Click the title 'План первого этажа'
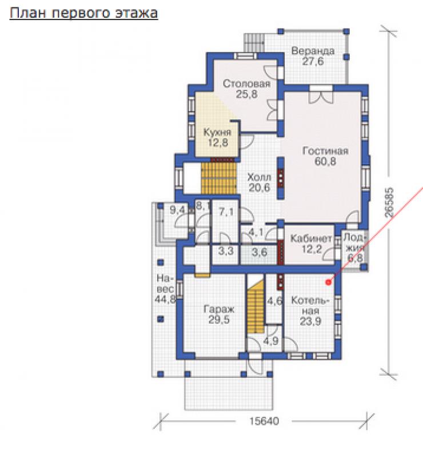(83, 13)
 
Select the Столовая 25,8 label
(247, 89)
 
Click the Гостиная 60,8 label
(325, 156)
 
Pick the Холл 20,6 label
(260, 182)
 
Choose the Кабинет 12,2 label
(311, 244)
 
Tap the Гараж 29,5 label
(219, 314)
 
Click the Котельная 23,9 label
(310, 311)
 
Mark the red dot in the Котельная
(329, 282)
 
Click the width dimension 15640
(264, 421)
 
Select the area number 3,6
(260, 253)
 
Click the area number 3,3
(226, 252)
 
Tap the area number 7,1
(226, 212)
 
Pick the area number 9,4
(178, 210)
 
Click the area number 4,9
(270, 341)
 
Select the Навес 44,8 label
(165, 289)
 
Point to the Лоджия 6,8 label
(354, 248)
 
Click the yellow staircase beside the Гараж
(256, 307)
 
